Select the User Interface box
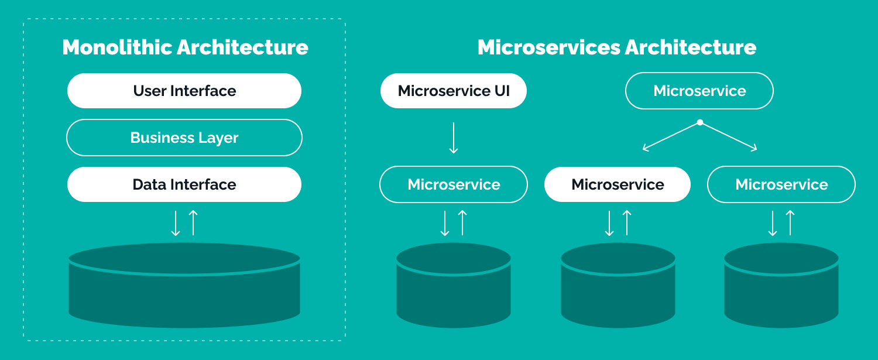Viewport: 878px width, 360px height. point(184,91)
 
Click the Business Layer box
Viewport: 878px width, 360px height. point(184,138)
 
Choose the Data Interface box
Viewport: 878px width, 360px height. point(184,184)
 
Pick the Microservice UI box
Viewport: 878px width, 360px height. point(454,91)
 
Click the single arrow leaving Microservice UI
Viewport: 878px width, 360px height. point(454,138)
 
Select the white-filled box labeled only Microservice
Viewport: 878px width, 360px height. point(618,184)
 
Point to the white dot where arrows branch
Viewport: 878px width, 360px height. point(700,123)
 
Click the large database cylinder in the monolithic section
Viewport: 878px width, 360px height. point(184,287)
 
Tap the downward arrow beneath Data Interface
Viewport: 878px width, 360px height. point(176,223)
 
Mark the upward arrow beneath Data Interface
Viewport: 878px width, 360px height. point(193,223)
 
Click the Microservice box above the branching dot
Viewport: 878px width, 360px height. point(699,91)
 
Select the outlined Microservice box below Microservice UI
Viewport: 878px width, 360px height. point(454,184)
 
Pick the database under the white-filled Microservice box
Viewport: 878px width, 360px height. point(618,287)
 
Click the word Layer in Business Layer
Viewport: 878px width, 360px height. point(220,138)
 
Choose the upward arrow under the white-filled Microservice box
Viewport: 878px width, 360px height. point(627,223)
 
